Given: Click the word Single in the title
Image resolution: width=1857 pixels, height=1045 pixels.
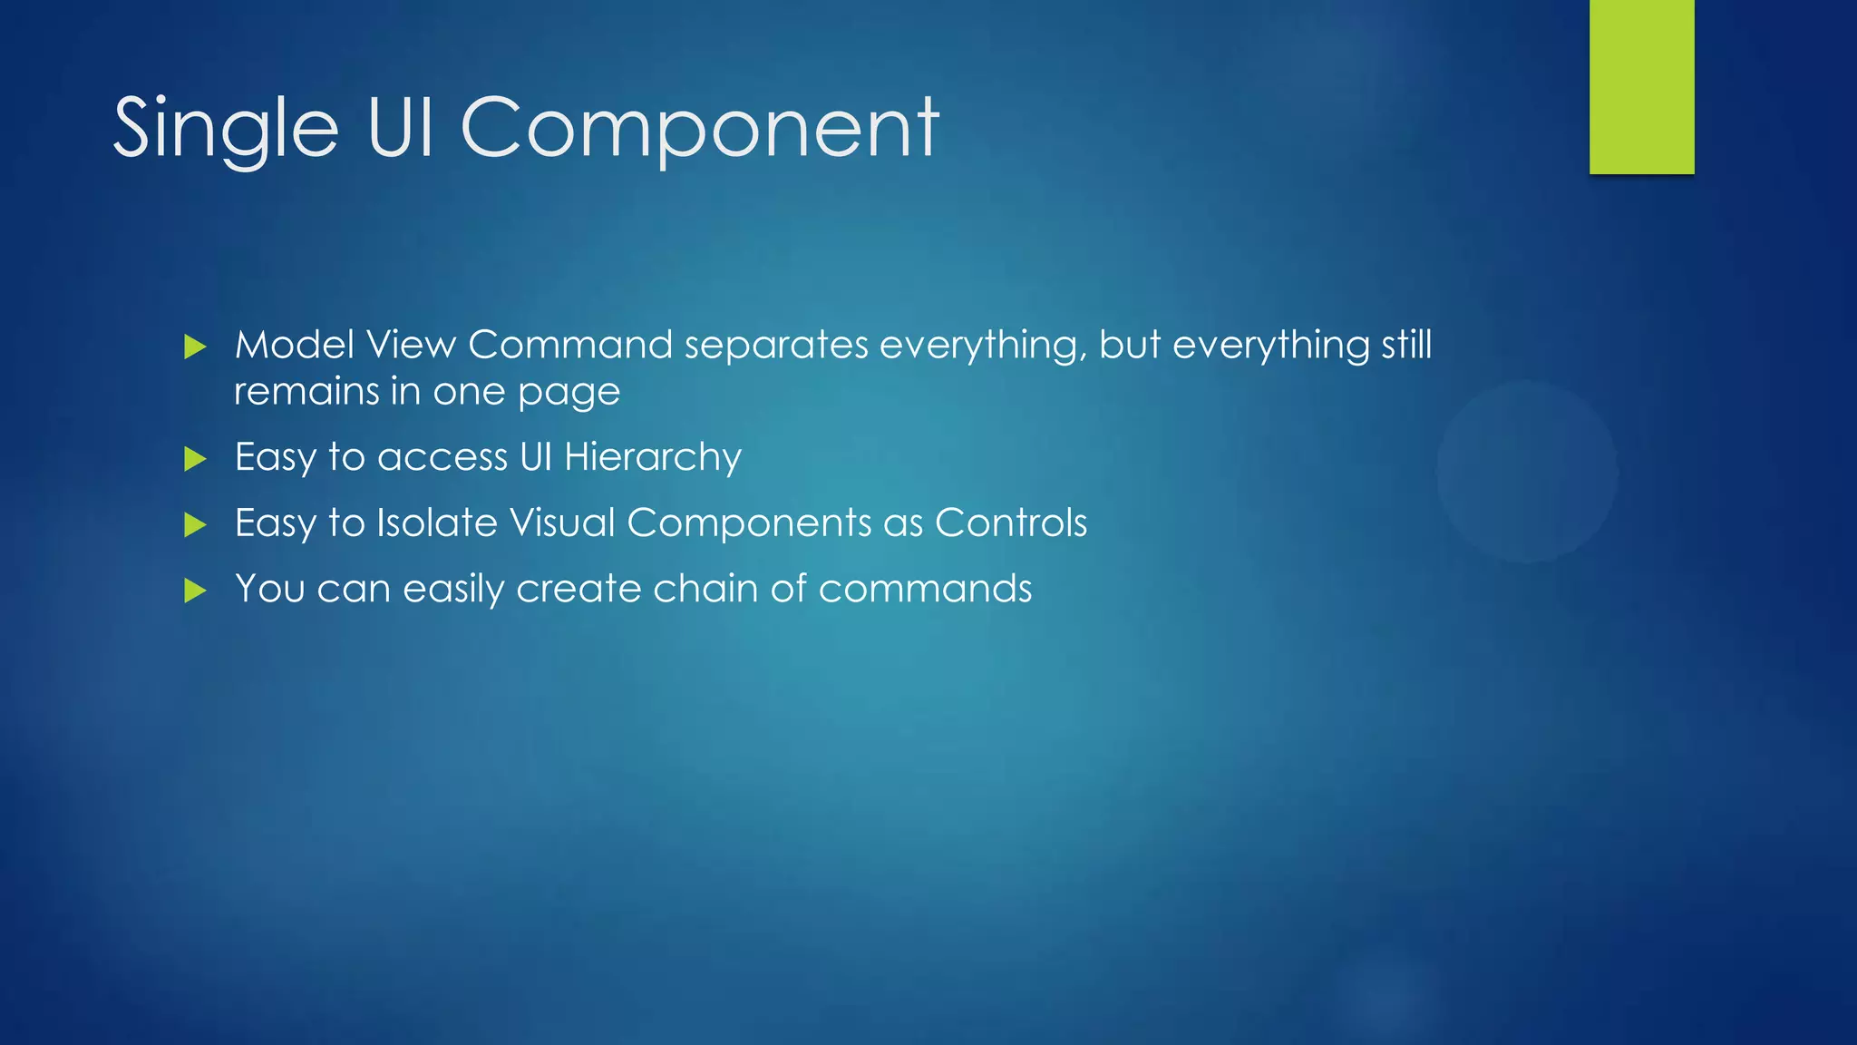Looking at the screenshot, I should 226,130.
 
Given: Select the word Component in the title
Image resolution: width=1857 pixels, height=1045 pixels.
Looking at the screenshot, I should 699,130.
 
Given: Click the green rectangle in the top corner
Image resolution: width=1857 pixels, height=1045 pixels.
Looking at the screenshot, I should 1641,86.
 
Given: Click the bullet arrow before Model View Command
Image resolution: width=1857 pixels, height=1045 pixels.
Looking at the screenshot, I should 195,347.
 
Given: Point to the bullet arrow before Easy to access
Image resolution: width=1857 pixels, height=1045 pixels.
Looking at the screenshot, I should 195,459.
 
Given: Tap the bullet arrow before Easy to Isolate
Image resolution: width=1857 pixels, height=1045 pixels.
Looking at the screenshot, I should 195,524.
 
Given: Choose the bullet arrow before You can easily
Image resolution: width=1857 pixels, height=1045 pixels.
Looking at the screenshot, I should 195,591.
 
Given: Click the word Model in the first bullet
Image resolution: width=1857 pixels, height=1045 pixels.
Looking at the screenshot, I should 294,345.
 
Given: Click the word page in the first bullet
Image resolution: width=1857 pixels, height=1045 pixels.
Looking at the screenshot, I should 569,394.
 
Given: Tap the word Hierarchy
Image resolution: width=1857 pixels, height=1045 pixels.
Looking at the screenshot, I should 652,457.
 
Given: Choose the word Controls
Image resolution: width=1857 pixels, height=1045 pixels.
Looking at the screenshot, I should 1010,523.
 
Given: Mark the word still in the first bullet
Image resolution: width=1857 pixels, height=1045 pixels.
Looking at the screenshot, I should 1406,345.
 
